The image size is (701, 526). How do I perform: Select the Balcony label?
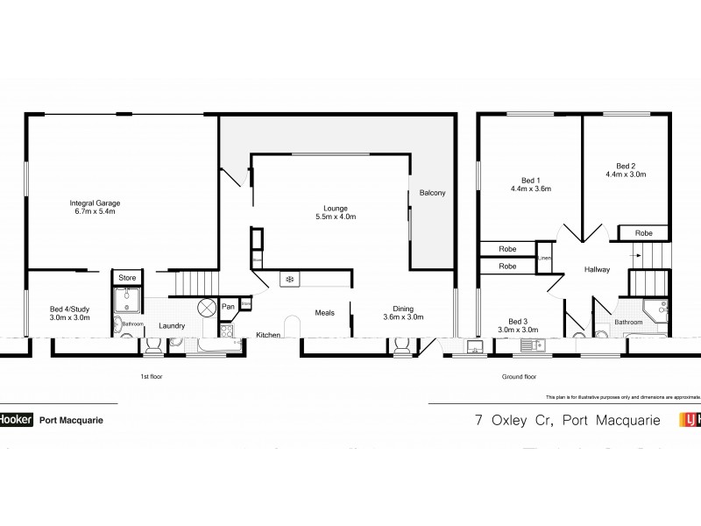tap(433, 193)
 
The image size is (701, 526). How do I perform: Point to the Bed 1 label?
tap(528, 184)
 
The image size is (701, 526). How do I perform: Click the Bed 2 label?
tap(625, 169)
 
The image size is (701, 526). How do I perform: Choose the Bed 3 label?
tap(518, 325)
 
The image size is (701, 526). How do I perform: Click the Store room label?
tap(128, 278)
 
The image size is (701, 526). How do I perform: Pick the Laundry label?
tap(171, 326)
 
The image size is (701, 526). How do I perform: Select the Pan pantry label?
tap(227, 306)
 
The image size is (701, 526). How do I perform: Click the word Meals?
tap(326, 311)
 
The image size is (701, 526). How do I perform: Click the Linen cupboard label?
tap(545, 259)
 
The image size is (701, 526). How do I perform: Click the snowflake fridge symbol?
tap(287, 281)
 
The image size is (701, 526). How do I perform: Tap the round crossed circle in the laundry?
tap(208, 308)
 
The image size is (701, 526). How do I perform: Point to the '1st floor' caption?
tap(151, 376)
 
